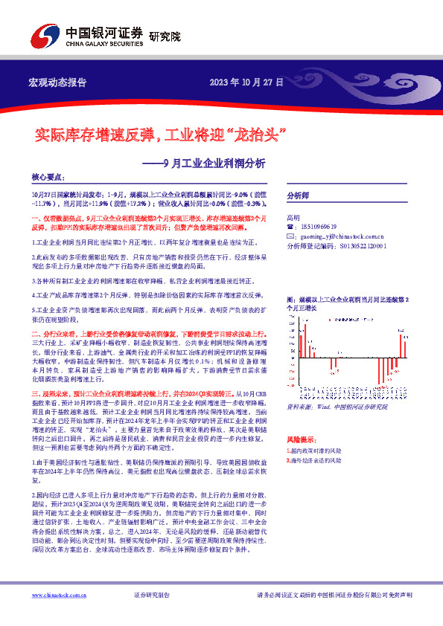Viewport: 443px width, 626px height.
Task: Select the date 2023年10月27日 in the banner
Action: pos(246,82)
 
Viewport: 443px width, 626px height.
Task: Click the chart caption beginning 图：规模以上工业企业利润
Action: pos(350,301)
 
